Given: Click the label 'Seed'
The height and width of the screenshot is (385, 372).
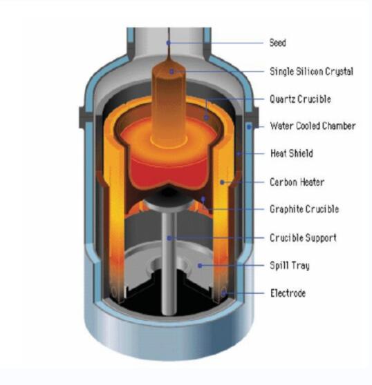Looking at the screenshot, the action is tap(278, 43).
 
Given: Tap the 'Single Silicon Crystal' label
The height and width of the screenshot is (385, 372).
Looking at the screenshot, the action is tap(311, 72).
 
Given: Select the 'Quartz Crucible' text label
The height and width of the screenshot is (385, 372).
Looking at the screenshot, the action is tap(300, 99).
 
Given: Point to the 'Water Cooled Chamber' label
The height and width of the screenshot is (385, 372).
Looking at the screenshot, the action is tap(313, 126).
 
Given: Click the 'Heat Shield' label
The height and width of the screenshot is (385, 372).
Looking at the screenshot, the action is tap(292, 153).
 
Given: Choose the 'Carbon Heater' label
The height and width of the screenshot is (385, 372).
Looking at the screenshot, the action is tap(297, 182).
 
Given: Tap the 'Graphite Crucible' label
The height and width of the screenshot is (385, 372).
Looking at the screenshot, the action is tap(304, 209).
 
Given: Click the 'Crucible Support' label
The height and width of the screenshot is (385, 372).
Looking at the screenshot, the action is tap(303, 238).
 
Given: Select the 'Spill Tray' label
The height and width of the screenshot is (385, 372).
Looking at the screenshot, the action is tap(290, 266).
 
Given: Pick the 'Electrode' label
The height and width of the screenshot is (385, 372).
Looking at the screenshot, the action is tap(288, 293).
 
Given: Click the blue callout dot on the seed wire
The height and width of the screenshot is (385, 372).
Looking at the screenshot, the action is tap(168, 43).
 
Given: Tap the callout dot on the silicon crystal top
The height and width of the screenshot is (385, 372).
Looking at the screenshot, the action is tap(171, 72).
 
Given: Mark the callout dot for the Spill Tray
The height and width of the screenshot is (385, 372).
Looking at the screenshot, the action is tap(200, 266).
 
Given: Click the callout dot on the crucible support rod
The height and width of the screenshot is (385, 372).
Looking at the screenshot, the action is tap(169, 238).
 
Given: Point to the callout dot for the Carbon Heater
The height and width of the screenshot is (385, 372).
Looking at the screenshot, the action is tap(222, 182).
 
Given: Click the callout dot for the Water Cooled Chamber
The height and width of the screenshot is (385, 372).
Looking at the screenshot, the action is tap(249, 127).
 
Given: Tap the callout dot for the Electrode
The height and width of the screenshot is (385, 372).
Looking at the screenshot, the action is tap(223, 293).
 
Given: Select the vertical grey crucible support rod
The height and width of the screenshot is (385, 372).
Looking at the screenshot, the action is tap(169, 263).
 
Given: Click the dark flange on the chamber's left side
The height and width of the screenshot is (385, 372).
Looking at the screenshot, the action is tap(83, 117).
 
